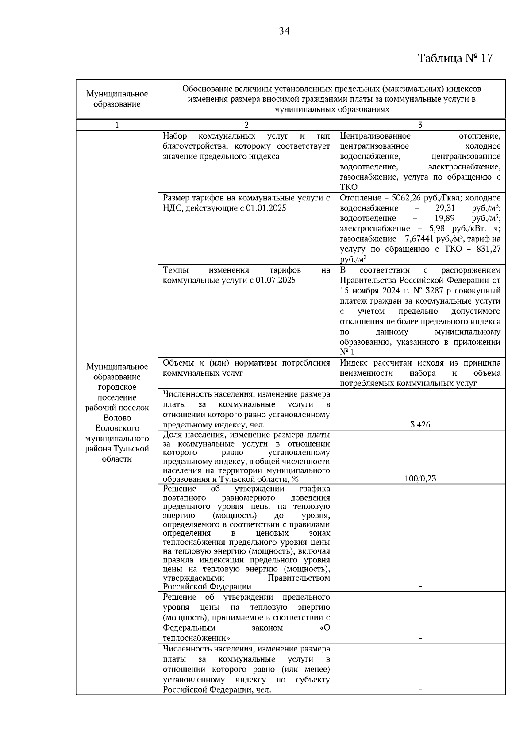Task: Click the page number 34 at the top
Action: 284,31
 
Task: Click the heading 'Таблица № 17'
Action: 455,58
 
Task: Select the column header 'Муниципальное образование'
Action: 117,99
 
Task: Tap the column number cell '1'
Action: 117,125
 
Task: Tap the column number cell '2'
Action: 246,125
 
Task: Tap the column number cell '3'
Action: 420,125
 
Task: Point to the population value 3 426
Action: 420,425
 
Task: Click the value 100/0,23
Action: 420,478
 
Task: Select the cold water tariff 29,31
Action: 445,208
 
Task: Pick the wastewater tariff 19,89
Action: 445,218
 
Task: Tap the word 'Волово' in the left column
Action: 117,418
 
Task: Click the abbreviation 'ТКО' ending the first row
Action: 349,187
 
